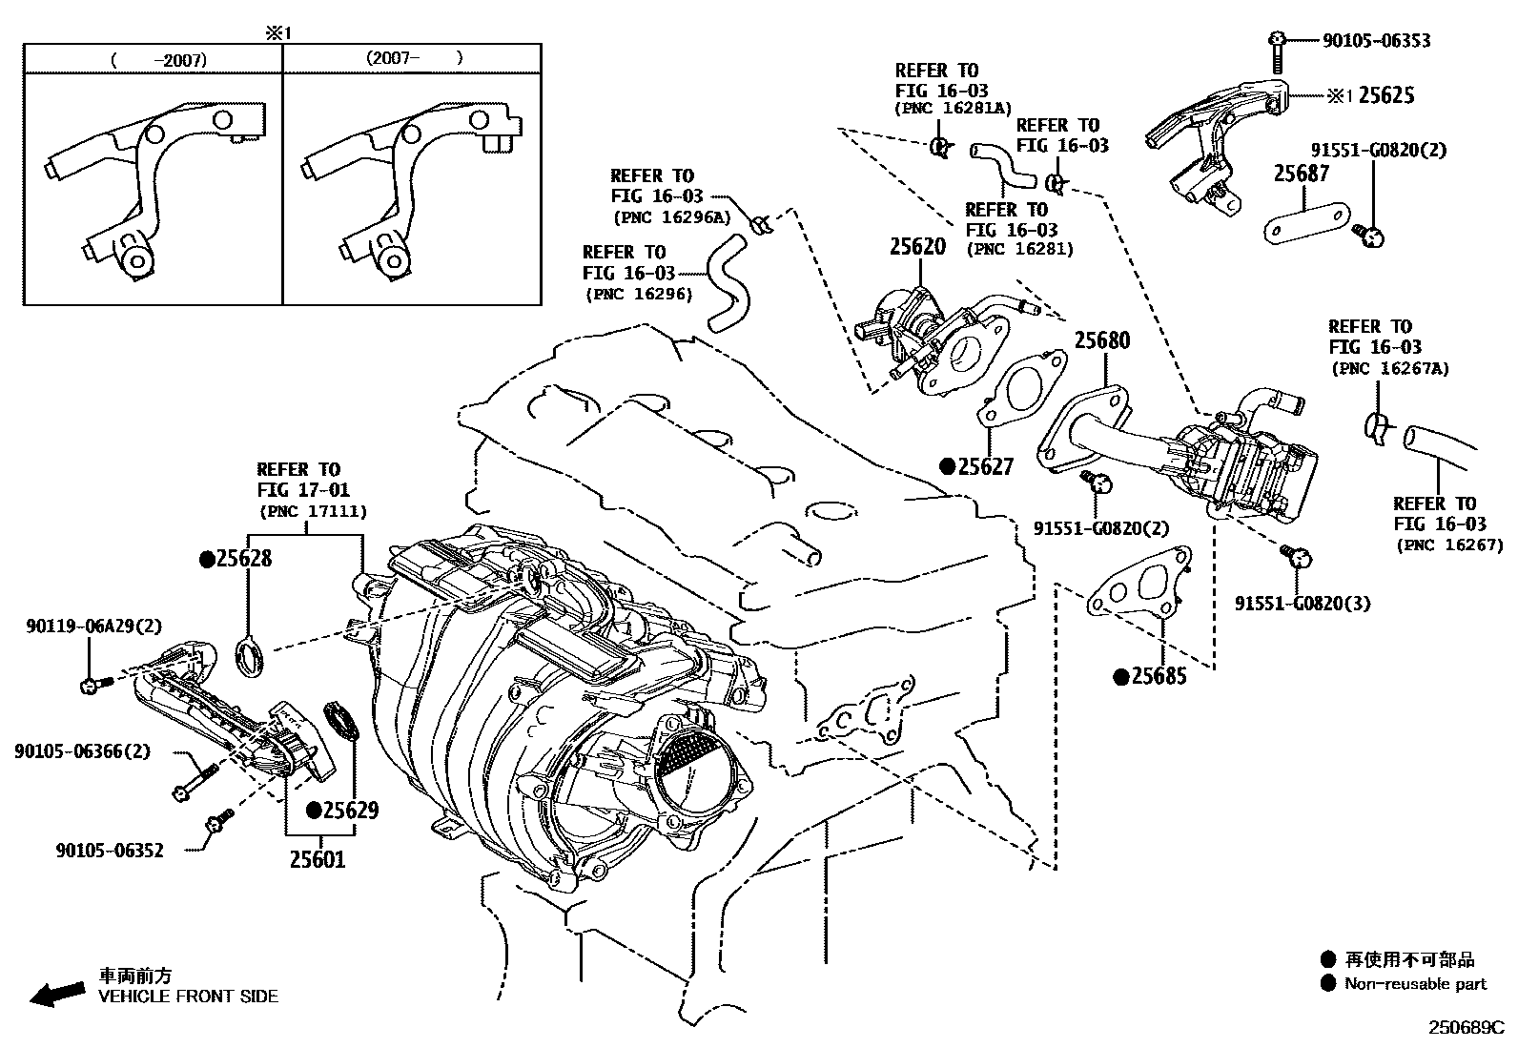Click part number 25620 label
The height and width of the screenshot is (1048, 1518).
[x=917, y=247]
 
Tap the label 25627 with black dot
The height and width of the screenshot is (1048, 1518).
[x=985, y=466]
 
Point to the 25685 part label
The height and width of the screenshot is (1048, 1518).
[x=1159, y=676]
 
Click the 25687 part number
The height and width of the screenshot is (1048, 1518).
[x=1302, y=174]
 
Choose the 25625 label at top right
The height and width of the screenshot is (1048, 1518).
[x=1385, y=95]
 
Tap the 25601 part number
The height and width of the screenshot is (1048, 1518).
[x=318, y=859]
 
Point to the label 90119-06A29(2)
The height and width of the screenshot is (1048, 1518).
[x=93, y=626]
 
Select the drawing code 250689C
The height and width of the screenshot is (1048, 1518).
[x=1465, y=1028]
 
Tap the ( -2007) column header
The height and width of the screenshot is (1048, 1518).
[x=158, y=60]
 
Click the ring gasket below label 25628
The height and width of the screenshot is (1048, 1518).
[x=251, y=658]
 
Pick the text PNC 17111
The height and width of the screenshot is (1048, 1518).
[x=312, y=512]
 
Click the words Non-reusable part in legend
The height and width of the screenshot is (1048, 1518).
[x=1415, y=984]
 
